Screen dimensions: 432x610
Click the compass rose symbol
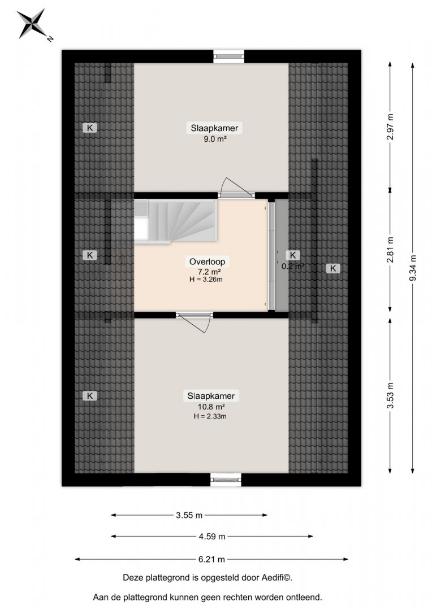(x=32, y=24)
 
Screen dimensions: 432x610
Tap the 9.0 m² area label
(x=215, y=139)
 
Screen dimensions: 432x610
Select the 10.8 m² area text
(x=211, y=407)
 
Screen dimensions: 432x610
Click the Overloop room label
(x=207, y=262)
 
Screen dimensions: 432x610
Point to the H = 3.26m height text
(x=206, y=279)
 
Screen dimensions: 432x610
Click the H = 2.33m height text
(x=210, y=416)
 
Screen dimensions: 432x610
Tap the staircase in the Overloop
(x=176, y=221)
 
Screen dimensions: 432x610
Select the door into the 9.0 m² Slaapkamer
(x=236, y=188)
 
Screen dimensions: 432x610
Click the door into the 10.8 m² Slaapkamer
(x=195, y=322)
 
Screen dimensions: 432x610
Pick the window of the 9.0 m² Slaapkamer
(x=228, y=56)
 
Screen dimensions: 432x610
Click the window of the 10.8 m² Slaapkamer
(x=226, y=480)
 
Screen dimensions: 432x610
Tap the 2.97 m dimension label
(x=390, y=127)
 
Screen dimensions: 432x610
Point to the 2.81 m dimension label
(x=390, y=250)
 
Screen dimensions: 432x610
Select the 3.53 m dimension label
(x=390, y=395)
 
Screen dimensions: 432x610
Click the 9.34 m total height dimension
(x=413, y=267)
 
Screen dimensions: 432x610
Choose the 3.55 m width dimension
(x=189, y=515)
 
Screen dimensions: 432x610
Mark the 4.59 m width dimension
(x=212, y=537)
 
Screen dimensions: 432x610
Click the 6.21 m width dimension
(x=211, y=559)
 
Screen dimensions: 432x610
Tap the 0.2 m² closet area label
(x=292, y=267)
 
